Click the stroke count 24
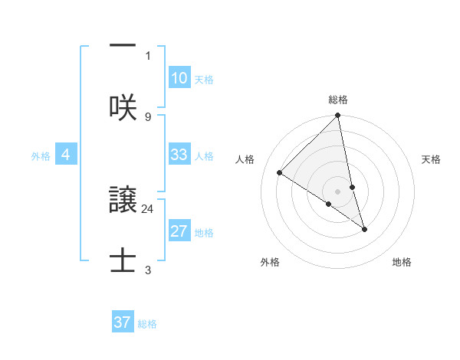[148, 208]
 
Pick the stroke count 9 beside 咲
[148, 116]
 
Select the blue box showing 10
[179, 78]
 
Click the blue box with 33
[179, 155]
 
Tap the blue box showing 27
[179, 231]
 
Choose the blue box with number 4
[66, 155]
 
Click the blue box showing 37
[122, 322]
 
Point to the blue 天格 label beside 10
[204, 80]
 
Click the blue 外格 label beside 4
[41, 156]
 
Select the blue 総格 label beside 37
[147, 324]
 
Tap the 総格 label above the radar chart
[338, 100]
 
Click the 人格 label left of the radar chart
[245, 159]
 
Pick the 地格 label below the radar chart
[402, 262]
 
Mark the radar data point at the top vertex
[338, 116]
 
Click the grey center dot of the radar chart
[338, 191]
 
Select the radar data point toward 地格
[364, 229]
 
